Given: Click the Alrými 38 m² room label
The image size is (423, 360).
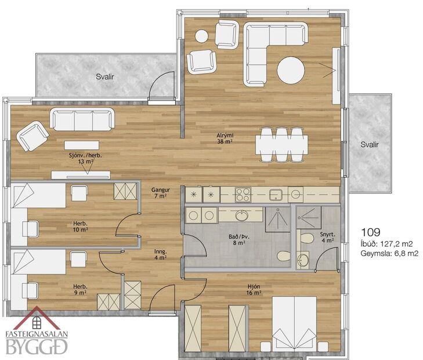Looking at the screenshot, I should tap(225, 138).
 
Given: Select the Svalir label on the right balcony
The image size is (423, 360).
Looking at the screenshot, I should tap(369, 145).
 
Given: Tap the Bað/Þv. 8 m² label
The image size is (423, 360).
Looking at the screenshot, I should tap(238, 240).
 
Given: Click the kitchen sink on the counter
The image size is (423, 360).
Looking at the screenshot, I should tap(276, 193).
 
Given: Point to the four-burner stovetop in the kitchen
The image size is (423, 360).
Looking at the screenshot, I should tap(243, 193).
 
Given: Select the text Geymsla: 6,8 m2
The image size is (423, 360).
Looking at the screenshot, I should tap(389, 254).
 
